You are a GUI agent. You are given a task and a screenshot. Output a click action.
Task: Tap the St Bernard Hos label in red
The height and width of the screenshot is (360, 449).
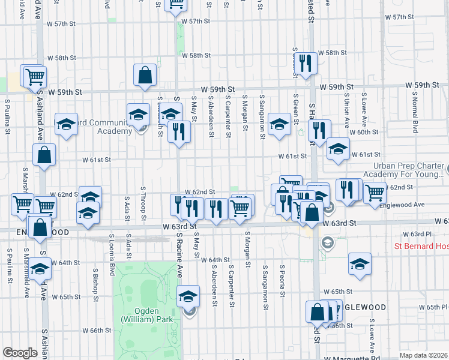(421, 246)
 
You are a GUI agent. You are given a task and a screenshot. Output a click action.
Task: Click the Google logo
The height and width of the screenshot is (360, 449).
(20, 353)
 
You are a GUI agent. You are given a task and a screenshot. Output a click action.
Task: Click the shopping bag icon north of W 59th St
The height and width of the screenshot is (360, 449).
(145, 76)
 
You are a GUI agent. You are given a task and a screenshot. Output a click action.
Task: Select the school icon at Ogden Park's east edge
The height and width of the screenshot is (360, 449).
(188, 296)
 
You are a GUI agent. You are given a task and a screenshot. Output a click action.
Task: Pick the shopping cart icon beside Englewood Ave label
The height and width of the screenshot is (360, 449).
(375, 193)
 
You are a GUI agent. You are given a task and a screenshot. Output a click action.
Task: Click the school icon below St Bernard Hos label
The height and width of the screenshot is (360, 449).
(360, 264)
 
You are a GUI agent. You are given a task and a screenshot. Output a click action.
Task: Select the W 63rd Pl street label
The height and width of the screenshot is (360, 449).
(414, 233)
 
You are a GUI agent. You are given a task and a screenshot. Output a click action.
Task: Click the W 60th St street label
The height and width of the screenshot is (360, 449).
(366, 132)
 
